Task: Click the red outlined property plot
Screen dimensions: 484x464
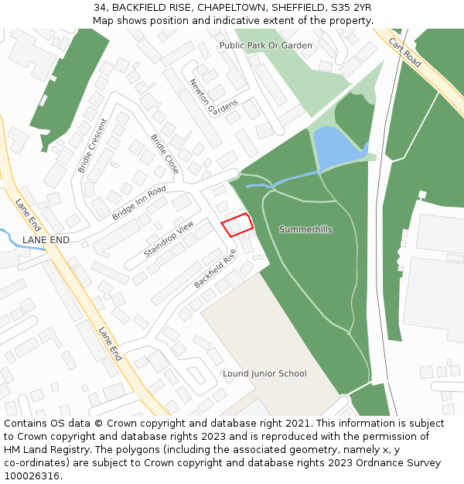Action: pyautogui.click(x=237, y=225)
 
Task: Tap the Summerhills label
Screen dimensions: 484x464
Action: pyautogui.click(x=305, y=229)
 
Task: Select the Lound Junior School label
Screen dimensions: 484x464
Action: pyautogui.click(x=264, y=373)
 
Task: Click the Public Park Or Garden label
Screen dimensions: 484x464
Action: pyautogui.click(x=265, y=46)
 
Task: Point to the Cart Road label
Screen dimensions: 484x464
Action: pyautogui.click(x=405, y=52)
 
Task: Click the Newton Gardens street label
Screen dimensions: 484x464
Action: pyautogui.click(x=213, y=98)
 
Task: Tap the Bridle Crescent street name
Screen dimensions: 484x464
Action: pyautogui.click(x=92, y=146)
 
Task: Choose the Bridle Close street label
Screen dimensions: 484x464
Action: pyautogui.click(x=165, y=154)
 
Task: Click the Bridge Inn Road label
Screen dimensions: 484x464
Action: pyautogui.click(x=138, y=203)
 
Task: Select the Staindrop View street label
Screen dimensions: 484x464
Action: pyautogui.click(x=169, y=239)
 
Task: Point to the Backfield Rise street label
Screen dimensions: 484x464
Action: pyautogui.click(x=214, y=269)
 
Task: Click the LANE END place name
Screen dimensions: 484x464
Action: pyautogui.click(x=46, y=240)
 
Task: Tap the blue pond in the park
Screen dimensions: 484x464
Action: pyautogui.click(x=336, y=146)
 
